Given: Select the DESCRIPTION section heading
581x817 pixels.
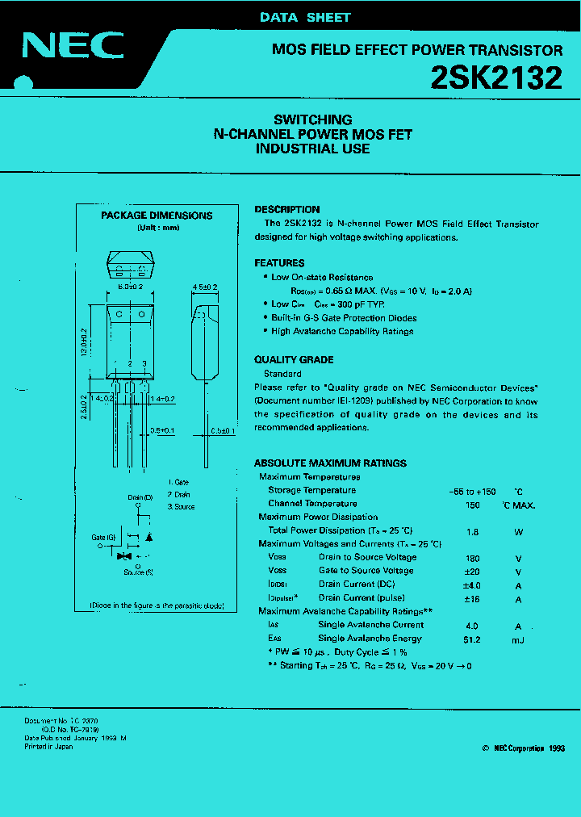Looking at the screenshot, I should pyautogui.click(x=287, y=209).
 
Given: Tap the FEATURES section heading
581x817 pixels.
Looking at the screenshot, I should pyautogui.click(x=279, y=263).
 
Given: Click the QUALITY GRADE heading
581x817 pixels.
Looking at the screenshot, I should pyautogui.click(x=294, y=360).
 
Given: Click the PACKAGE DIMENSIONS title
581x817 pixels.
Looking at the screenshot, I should pyautogui.click(x=157, y=216).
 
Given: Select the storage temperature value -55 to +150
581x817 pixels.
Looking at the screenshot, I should pyautogui.click(x=472, y=491).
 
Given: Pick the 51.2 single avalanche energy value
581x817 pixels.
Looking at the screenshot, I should pyautogui.click(x=472, y=639).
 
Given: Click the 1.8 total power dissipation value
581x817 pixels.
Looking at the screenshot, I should pyautogui.click(x=472, y=531).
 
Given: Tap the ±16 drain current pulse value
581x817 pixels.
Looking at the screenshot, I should pyautogui.click(x=472, y=598).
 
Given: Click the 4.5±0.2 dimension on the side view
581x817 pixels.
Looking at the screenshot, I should pyautogui.click(x=206, y=287).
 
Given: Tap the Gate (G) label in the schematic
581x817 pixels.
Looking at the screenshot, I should pyautogui.click(x=103, y=537).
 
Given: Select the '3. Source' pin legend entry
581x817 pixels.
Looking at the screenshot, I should pyautogui.click(x=181, y=507).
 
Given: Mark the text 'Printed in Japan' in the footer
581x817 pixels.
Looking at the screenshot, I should pyautogui.click(x=48, y=747).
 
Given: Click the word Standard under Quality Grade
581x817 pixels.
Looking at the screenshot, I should pyautogui.click(x=282, y=375).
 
